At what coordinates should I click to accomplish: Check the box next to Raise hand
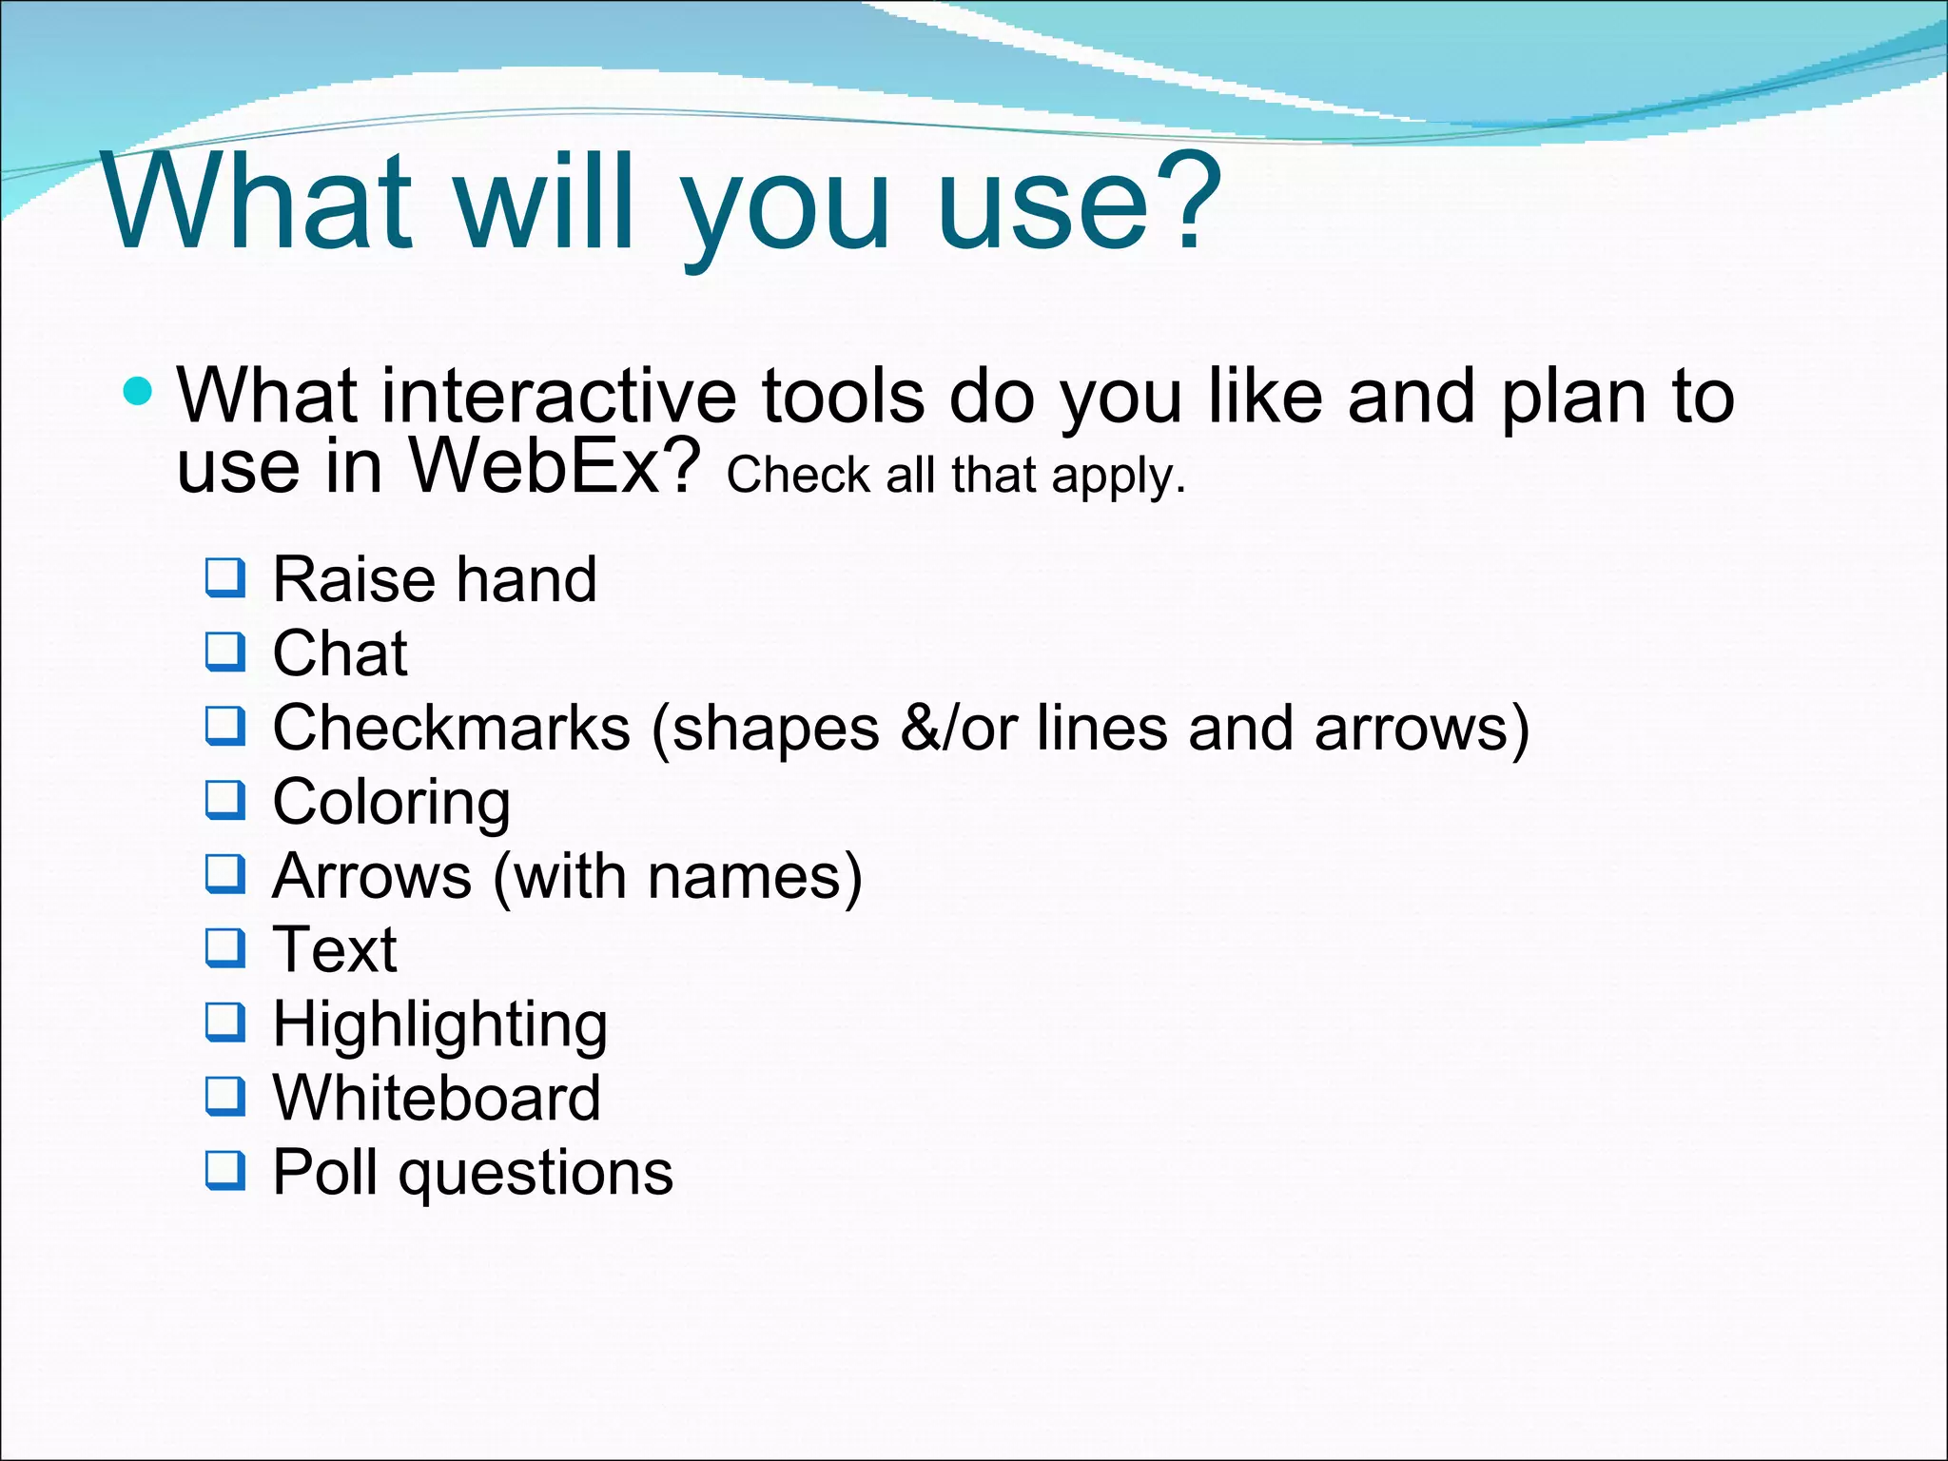point(225,577)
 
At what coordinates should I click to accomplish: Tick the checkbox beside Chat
point(225,652)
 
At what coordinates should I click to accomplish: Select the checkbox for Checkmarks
point(225,726)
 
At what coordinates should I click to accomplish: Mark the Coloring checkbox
point(225,800)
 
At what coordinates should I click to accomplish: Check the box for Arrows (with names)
point(225,874)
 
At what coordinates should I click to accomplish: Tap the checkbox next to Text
point(225,947)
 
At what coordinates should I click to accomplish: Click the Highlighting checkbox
point(225,1023)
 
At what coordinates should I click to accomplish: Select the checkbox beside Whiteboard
point(225,1096)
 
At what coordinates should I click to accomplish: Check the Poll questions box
point(225,1170)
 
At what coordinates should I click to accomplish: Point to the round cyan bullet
point(139,390)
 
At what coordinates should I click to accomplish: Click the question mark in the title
point(1181,202)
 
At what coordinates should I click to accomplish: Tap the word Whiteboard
point(437,1098)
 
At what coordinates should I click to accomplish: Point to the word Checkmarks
point(451,729)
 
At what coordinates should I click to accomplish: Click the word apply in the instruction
point(1117,477)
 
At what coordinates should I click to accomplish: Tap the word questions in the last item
point(536,1174)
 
